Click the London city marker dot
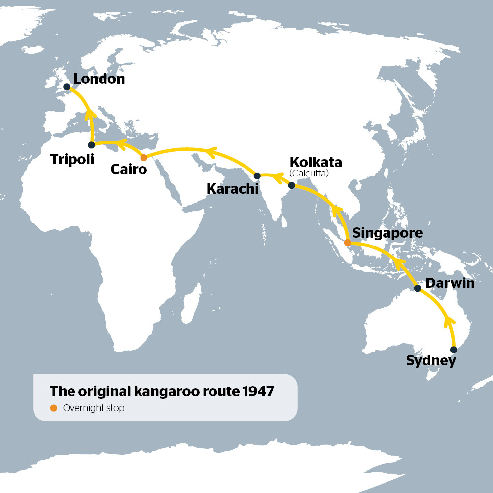pyautogui.click(x=67, y=87)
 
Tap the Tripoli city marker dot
pyautogui.click(x=91, y=145)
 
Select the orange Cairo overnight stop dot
pyautogui.click(x=143, y=158)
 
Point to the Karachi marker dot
pyautogui.click(x=257, y=176)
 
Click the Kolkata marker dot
pyautogui.click(x=291, y=185)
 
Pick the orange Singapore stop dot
pyautogui.click(x=348, y=243)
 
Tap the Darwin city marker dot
pyautogui.click(x=418, y=288)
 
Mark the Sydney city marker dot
pyautogui.click(x=454, y=350)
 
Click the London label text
pyautogui.click(x=99, y=79)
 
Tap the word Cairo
pyautogui.click(x=129, y=170)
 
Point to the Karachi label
pyautogui.click(x=232, y=189)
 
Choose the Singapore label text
pyautogui.click(x=387, y=233)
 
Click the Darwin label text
pyautogui.click(x=450, y=283)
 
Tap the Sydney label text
pyautogui.click(x=431, y=361)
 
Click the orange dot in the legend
pyautogui.click(x=54, y=408)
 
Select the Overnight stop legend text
pyautogui.click(x=94, y=408)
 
